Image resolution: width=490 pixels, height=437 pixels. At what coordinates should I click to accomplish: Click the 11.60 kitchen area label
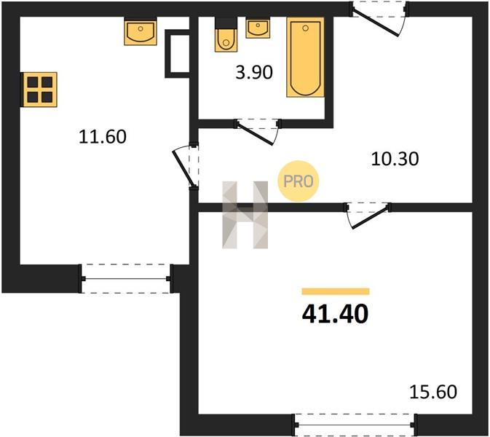click(103, 137)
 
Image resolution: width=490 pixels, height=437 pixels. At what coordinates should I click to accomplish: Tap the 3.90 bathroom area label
click(254, 72)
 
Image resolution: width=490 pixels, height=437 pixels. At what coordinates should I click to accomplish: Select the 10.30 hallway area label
click(395, 159)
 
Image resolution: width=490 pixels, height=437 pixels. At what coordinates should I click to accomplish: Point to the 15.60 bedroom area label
click(433, 392)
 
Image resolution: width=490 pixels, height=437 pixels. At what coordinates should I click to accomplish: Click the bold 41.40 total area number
click(336, 314)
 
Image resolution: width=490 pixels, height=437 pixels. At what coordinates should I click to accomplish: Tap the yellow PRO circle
click(299, 181)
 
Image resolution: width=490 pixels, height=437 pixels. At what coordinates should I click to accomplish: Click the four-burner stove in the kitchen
click(40, 90)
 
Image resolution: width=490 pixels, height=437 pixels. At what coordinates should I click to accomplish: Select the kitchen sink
click(141, 33)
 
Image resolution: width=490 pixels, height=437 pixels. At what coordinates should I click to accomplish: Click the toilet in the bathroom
click(226, 35)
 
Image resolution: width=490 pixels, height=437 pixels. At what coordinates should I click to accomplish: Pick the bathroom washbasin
click(258, 29)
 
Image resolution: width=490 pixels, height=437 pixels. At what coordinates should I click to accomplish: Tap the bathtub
click(305, 58)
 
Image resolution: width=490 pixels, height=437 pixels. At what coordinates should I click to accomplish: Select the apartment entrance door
click(379, 20)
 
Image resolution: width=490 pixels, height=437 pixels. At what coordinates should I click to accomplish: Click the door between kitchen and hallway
click(186, 167)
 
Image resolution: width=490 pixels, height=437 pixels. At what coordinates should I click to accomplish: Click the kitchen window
click(126, 278)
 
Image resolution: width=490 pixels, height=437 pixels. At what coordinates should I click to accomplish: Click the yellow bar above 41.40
click(336, 291)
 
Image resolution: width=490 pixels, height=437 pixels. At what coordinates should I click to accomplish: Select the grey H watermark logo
click(245, 215)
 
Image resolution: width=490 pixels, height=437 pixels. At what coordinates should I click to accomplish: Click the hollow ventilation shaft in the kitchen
click(177, 54)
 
